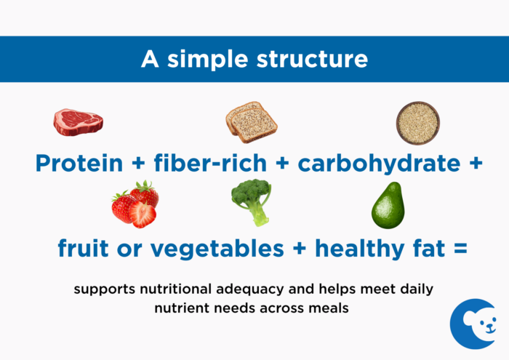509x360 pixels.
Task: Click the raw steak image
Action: point(78,121)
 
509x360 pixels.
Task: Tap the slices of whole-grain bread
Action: point(251,121)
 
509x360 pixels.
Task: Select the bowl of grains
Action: point(417,121)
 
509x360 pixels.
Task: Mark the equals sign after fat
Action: point(458,249)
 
